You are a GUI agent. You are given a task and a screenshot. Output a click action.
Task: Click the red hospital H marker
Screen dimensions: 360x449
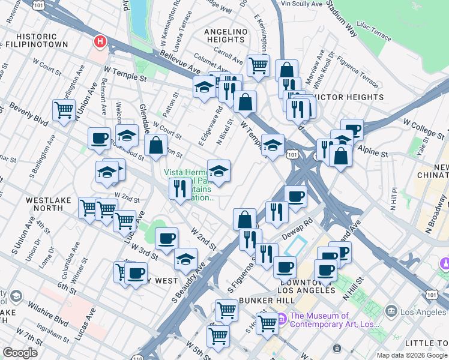click(x=100, y=42)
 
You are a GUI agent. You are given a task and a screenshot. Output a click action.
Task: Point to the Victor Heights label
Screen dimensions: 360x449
click(x=351, y=97)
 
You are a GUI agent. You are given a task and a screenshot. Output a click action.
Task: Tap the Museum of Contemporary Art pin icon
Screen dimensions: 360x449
click(x=281, y=316)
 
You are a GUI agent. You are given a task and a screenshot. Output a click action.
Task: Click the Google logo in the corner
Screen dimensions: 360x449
click(x=20, y=353)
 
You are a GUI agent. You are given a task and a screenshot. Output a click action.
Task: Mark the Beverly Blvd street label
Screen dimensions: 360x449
click(x=29, y=113)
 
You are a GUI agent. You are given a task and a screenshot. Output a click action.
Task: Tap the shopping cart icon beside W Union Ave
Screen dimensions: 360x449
click(x=64, y=109)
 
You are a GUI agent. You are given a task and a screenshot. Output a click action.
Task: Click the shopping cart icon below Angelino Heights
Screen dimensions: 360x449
click(x=258, y=65)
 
